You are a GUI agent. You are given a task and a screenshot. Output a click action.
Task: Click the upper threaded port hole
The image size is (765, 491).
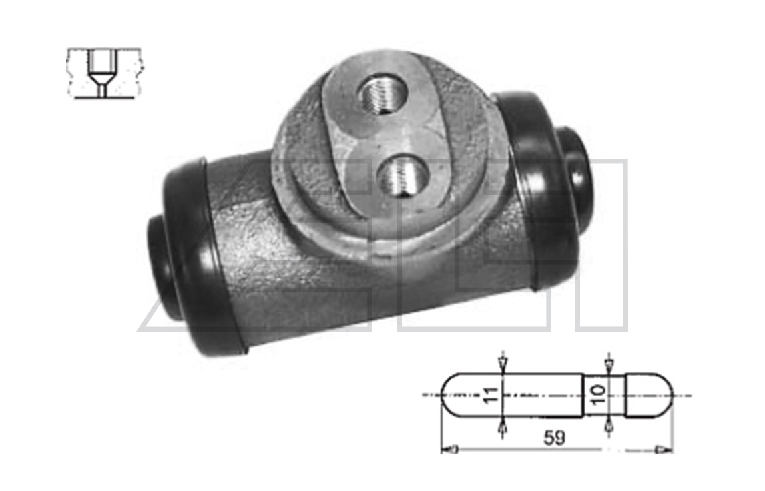point(382,94)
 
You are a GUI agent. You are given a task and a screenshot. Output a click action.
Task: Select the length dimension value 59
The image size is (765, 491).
point(555,438)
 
